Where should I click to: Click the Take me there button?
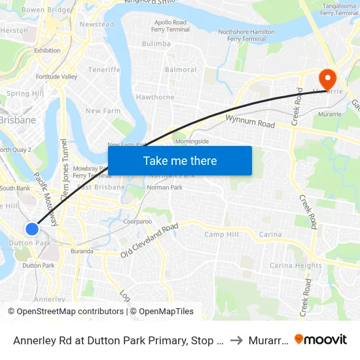[x=180, y=160]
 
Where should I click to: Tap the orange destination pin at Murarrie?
[x=325, y=79]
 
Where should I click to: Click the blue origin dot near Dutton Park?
[x=32, y=228]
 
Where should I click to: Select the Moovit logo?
[x=321, y=339]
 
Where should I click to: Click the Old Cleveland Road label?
[x=149, y=241]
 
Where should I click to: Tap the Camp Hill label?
[x=221, y=234]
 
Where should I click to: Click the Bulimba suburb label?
[x=156, y=43]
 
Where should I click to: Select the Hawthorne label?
[x=155, y=98]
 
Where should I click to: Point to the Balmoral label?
[x=181, y=70]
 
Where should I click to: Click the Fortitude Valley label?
[x=56, y=77]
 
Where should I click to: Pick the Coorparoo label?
[x=137, y=222]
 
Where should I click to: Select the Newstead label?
[x=96, y=24]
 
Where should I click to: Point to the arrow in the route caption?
[x=237, y=340]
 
